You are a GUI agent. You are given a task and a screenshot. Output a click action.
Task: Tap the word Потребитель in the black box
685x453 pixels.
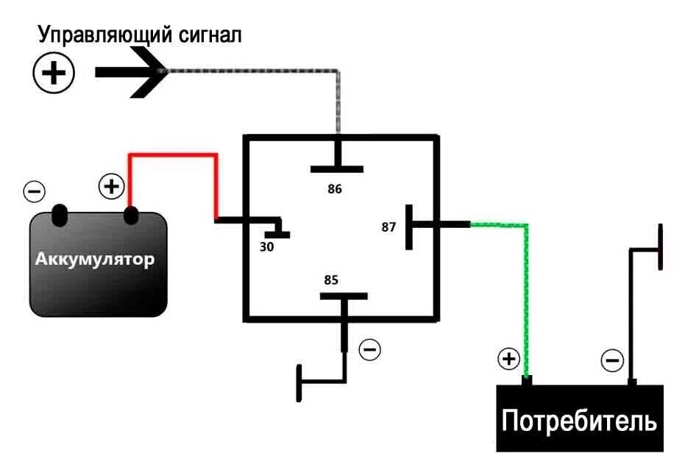tap(579, 421)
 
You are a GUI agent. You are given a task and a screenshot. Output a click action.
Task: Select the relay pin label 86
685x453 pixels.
tap(335, 189)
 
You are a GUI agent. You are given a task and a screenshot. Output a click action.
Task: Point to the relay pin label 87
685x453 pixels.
tap(388, 226)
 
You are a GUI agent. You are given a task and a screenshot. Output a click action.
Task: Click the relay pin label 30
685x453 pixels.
tap(266, 247)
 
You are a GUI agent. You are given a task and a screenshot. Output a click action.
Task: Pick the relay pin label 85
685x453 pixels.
tap(331, 280)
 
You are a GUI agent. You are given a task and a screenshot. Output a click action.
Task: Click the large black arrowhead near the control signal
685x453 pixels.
tap(147, 71)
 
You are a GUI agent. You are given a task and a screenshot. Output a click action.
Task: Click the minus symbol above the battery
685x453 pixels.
tap(34, 191)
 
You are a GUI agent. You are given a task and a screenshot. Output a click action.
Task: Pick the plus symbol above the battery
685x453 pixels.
tap(111, 187)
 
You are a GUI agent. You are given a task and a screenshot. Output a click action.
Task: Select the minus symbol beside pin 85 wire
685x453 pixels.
tap(370, 349)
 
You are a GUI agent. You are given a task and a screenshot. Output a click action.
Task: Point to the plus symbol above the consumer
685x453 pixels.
tap(508, 359)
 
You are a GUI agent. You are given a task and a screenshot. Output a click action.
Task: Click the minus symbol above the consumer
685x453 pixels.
tap(612, 360)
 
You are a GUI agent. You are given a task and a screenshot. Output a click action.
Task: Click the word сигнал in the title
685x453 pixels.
tap(210, 35)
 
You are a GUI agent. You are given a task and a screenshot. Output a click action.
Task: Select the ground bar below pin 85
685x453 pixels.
tap(299, 382)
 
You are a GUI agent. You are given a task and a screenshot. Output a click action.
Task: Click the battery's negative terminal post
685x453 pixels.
tap(60, 215)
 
